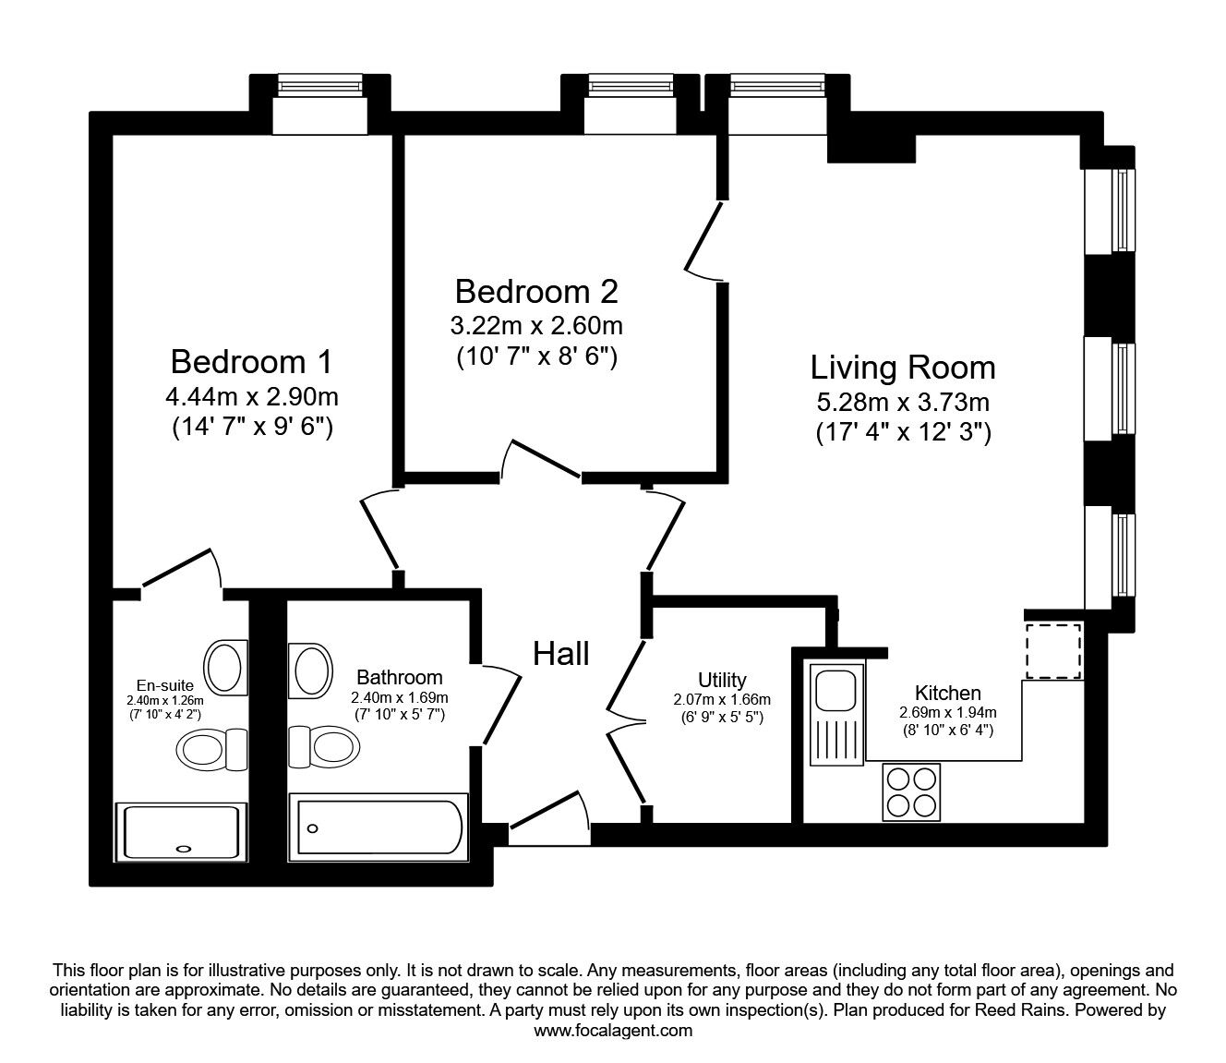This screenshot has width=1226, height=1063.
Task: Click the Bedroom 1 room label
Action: pos(251,361)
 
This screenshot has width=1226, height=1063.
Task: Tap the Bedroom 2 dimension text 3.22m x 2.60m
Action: pos(536,326)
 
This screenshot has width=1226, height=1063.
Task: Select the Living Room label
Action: pos(903,368)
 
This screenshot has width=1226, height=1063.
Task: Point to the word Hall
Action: pos(561,654)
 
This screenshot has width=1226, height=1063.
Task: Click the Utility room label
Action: pos(722,679)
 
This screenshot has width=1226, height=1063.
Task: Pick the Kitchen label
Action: pos(948,693)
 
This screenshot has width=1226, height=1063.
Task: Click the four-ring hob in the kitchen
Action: pos(911,792)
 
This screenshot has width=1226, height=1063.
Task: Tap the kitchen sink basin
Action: pos(836,690)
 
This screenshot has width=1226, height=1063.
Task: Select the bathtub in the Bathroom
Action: pos(379,827)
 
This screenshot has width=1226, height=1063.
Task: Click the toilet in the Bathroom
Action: pos(324,746)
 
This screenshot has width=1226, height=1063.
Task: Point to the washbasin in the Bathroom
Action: pos(309,670)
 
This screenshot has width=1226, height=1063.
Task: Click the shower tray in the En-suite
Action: pos(181,831)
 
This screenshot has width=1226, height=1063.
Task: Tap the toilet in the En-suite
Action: pos(211,750)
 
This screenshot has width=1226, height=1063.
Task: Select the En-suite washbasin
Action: pos(226,668)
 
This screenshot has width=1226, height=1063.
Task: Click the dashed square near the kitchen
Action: pos(1054,650)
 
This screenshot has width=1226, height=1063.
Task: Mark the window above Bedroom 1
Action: pos(319,86)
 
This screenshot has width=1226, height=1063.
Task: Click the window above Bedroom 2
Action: pos(631,86)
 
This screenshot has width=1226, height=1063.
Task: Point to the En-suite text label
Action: pos(165,685)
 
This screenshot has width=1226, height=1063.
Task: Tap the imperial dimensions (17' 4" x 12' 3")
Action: pos(903,432)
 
